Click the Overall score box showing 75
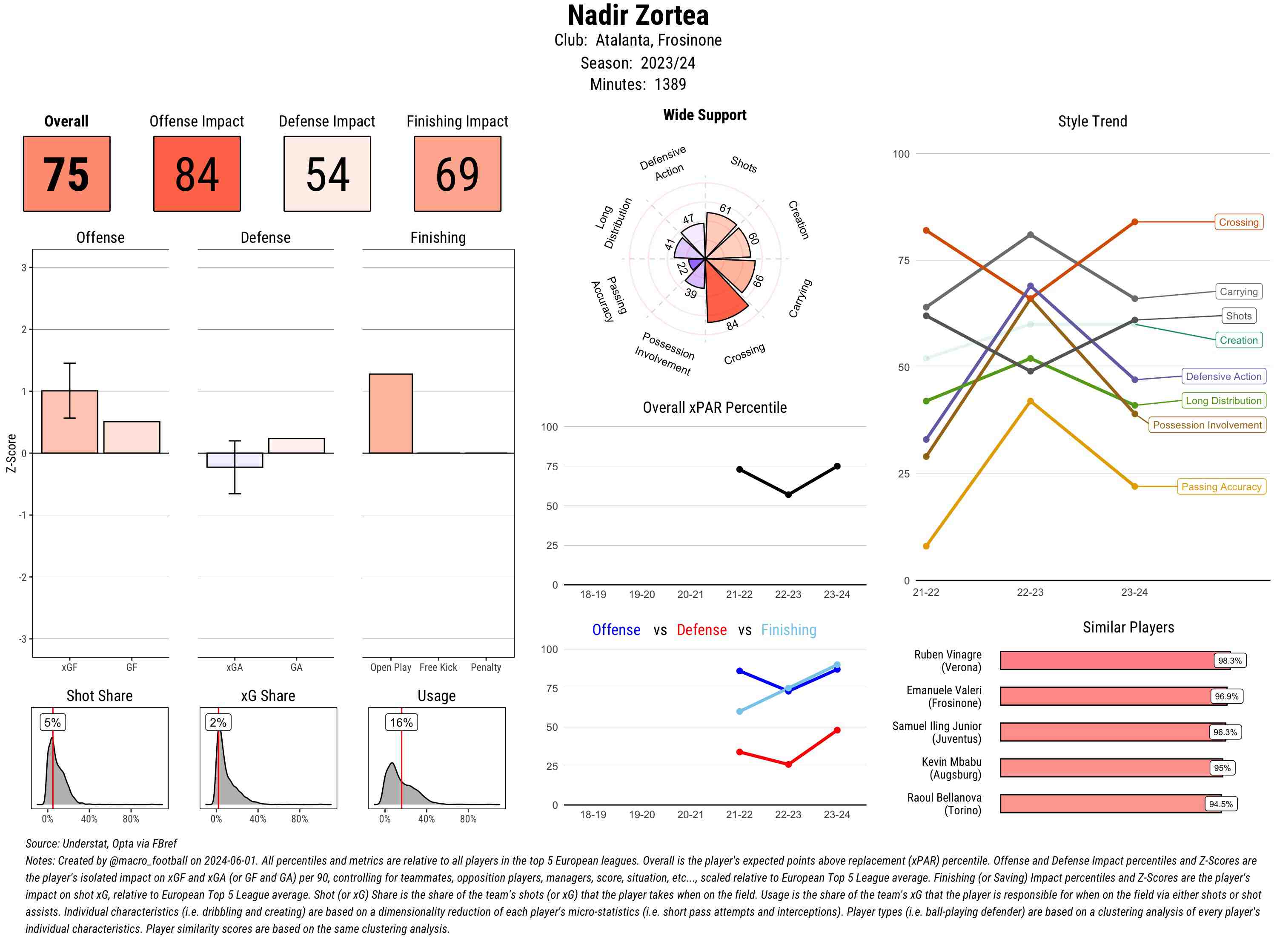click(x=66, y=174)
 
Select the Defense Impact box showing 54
click(x=327, y=174)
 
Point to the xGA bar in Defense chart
click(x=234, y=460)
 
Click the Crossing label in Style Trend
click(x=1238, y=222)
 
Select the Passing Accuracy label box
click(x=1221, y=487)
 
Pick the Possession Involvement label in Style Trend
click(x=1207, y=425)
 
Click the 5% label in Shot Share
click(x=52, y=722)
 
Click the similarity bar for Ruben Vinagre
click(x=1105, y=660)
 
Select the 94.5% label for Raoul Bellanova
click(x=1220, y=804)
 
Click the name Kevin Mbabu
click(x=951, y=762)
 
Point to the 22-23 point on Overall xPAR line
click(x=788, y=494)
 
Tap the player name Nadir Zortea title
click(x=638, y=15)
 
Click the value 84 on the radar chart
click(x=732, y=325)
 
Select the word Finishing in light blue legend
click(x=788, y=629)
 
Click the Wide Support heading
click(x=704, y=115)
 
